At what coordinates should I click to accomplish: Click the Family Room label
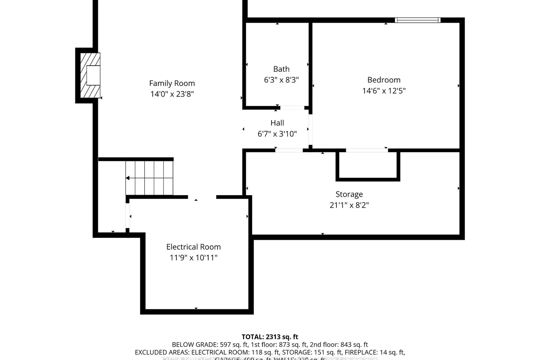pyautogui.click(x=172, y=83)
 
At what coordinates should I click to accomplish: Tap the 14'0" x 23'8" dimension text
pyautogui.click(x=172, y=94)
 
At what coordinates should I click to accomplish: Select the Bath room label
pyautogui.click(x=281, y=69)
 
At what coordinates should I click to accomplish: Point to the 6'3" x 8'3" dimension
pyautogui.click(x=281, y=80)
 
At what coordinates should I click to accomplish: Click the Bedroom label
pyautogui.click(x=384, y=80)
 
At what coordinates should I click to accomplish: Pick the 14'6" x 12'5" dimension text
pyautogui.click(x=384, y=90)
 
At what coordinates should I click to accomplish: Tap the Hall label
pyautogui.click(x=277, y=123)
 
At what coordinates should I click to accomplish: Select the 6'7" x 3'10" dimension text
pyautogui.click(x=277, y=134)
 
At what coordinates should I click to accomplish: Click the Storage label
pyautogui.click(x=349, y=194)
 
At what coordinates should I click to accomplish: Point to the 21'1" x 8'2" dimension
pyautogui.click(x=349, y=205)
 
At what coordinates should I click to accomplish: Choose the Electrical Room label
pyautogui.click(x=193, y=247)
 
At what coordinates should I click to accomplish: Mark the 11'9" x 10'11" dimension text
pyautogui.click(x=193, y=257)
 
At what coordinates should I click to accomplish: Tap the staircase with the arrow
pyautogui.click(x=149, y=178)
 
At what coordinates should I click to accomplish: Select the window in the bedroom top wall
pyautogui.click(x=418, y=20)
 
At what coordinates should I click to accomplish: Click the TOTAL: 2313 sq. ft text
pyautogui.click(x=270, y=337)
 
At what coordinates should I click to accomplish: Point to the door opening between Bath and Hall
pyautogui.click(x=292, y=108)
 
